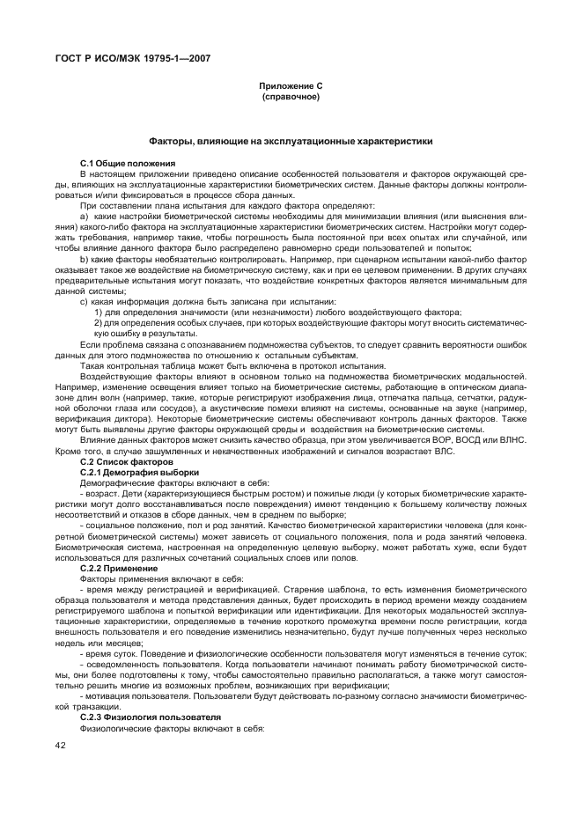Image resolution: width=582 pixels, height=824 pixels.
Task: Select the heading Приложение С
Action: (291, 85)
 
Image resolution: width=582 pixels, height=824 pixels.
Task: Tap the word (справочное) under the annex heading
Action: (291, 96)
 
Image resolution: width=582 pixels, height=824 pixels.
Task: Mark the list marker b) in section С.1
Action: (84, 259)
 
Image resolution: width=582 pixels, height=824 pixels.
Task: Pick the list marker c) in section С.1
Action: (84, 301)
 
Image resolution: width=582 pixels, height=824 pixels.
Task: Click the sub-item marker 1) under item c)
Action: (98, 313)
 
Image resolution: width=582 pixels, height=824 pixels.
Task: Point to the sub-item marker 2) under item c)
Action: (98, 323)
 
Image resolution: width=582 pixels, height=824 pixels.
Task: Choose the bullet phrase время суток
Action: (110, 653)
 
